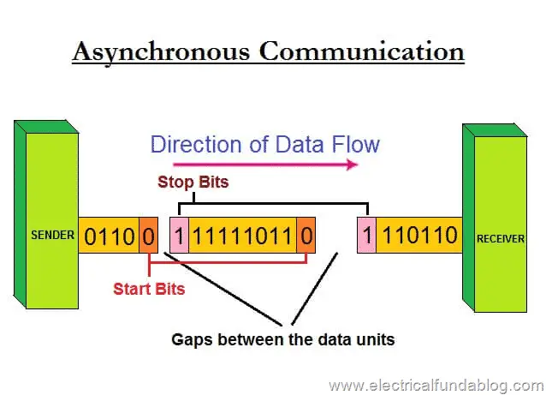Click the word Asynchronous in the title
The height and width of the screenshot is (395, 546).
coord(162,52)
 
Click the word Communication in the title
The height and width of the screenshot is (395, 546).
coord(362,51)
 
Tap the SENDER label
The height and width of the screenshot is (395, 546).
coord(52,235)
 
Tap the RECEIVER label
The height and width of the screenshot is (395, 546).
coord(501,239)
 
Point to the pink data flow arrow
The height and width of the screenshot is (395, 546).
coord(265,165)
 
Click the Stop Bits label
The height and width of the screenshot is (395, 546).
coord(193,182)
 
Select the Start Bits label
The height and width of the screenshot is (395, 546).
coord(149,289)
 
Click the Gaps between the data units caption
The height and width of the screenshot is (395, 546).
coord(283,339)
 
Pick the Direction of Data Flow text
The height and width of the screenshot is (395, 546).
coord(265,144)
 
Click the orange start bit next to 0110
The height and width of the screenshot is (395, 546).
coord(149,236)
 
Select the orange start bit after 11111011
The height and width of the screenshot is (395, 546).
coord(306,236)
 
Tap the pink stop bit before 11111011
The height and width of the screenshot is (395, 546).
coord(180,236)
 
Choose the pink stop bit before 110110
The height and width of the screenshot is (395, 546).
coord(366,236)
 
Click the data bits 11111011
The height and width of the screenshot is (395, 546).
coord(243,236)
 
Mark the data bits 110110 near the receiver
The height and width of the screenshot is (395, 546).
coord(420,235)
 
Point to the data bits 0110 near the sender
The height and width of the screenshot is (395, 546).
coord(110,236)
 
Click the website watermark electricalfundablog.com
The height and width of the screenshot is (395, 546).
coord(436,386)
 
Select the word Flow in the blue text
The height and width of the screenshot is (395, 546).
coord(355,144)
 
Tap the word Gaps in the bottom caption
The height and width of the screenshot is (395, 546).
coord(192,340)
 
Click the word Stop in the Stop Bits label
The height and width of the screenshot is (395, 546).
coord(175,183)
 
